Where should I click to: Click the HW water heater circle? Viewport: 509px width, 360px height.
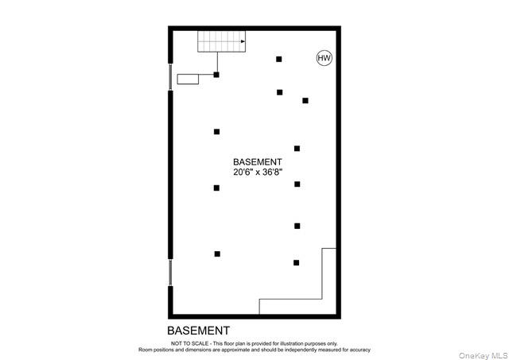324,58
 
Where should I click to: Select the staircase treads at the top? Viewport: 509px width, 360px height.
220,41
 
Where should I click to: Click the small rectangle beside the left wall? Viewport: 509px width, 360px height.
188,78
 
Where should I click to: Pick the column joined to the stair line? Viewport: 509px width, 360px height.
216,75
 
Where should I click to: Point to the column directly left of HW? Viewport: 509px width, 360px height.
278,59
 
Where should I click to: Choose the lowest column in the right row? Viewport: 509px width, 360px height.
296,262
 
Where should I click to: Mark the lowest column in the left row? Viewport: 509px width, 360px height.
217,254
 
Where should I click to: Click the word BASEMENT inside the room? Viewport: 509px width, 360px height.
257,161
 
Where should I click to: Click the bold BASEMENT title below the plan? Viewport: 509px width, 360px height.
198,330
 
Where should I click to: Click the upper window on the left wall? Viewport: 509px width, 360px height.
169,76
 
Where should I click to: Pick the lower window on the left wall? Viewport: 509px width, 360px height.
169,272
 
